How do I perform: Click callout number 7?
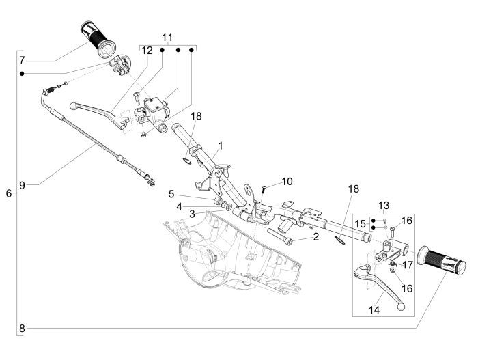pos(22,59)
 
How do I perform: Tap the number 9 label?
pos(22,184)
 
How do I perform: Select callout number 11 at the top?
pos(168,36)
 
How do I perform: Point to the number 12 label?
pos(147,50)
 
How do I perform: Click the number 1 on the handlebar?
pos(221,146)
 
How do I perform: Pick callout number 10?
pos(287,182)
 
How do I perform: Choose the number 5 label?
pos(173,194)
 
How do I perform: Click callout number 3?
pos(173,214)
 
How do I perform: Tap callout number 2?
pos(316,237)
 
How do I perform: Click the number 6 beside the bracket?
pos(8,193)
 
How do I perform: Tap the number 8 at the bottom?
pos(22,328)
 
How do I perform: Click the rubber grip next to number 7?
pos(100,40)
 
